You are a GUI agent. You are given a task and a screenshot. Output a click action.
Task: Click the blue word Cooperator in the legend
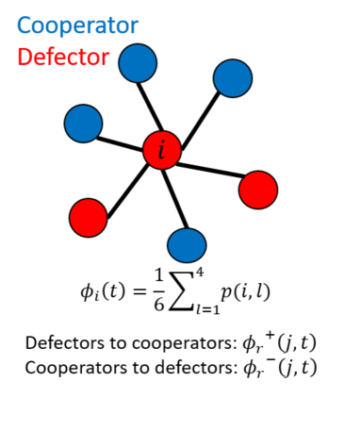[x=77, y=25]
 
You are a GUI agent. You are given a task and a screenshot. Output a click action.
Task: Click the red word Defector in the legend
[x=62, y=58]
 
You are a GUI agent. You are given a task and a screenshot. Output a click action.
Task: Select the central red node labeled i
[x=161, y=149]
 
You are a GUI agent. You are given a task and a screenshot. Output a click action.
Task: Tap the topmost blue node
[x=139, y=63]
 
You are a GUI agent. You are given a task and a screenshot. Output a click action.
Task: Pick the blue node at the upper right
[x=233, y=78]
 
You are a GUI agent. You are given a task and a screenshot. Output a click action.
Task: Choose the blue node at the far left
[x=83, y=122]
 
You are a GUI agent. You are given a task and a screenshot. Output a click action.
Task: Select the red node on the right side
[x=257, y=190]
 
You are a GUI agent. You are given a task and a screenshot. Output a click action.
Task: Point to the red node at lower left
[x=89, y=217]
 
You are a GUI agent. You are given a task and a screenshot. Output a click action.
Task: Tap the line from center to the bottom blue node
[x=174, y=197]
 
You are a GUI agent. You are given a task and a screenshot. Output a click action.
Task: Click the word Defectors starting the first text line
[x=65, y=342]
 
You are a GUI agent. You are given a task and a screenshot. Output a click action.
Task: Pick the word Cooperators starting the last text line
[x=74, y=367]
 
